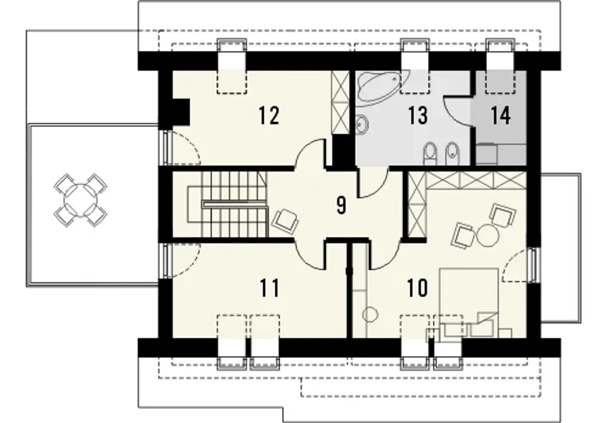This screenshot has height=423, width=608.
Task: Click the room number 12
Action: [269, 115]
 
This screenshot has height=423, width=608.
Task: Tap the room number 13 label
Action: [418, 115]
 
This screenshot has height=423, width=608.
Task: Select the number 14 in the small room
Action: [501, 115]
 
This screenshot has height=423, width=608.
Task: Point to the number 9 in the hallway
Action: [341, 205]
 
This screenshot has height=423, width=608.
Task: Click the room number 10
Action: [418, 288]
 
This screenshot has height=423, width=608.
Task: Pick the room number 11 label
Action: [269, 288]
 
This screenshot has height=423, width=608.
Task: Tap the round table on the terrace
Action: [81, 200]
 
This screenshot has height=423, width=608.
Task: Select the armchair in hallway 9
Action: [285, 221]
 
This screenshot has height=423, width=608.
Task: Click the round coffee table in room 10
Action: [488, 235]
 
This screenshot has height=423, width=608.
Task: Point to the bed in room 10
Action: [469, 303]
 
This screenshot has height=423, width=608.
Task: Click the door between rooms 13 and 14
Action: [458, 111]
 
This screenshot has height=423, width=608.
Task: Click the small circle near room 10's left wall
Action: [370, 315]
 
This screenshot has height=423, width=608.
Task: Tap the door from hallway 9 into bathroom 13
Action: [372, 183]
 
